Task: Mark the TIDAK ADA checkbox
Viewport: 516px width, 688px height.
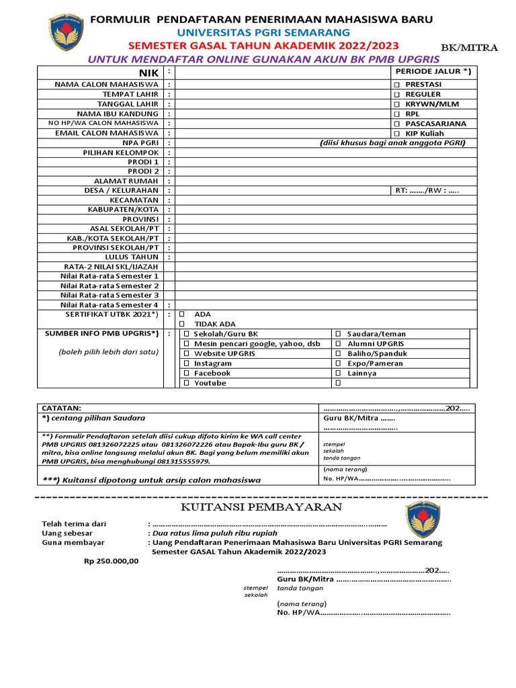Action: pyautogui.click(x=181, y=324)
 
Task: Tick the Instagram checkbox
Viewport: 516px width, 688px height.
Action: pyautogui.click(x=186, y=363)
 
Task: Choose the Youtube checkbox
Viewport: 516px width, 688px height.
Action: pyautogui.click(x=186, y=383)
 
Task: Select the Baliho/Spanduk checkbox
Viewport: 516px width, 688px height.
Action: pyautogui.click(x=339, y=353)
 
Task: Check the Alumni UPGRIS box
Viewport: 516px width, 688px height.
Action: pyautogui.click(x=339, y=343)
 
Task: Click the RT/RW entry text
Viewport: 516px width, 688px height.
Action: pyautogui.click(x=426, y=191)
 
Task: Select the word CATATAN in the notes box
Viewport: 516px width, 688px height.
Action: pyautogui.click(x=61, y=408)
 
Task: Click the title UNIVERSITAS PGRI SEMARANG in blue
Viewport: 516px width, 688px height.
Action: pyautogui.click(x=263, y=32)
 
